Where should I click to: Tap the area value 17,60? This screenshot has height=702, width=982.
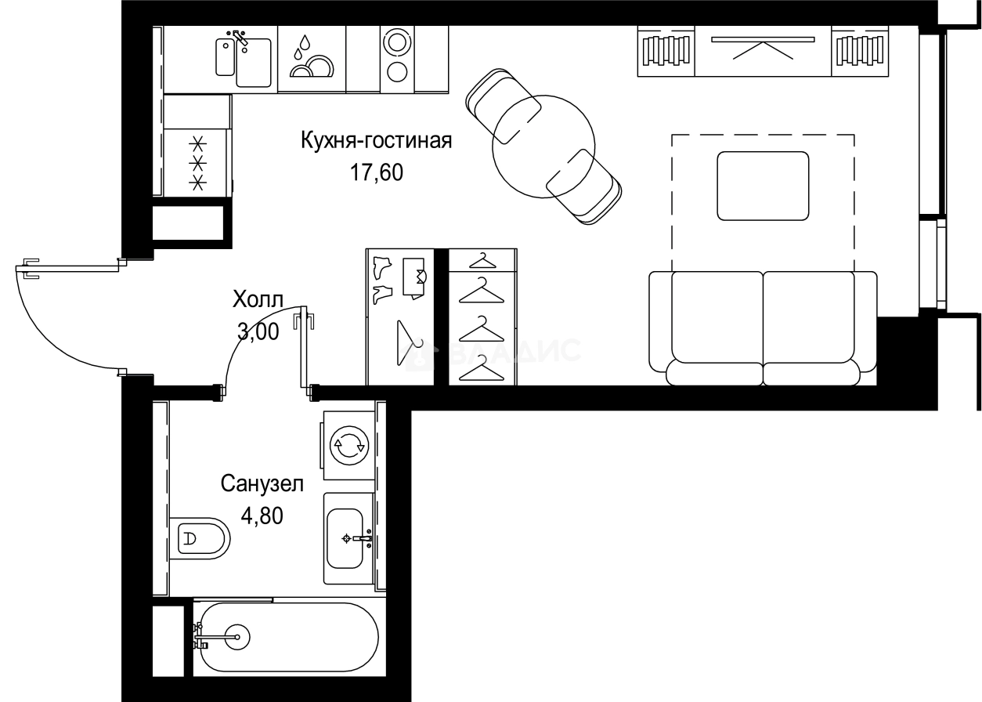[377, 172]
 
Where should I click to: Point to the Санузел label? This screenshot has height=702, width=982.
[261, 483]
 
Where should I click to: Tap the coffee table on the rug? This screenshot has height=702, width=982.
[763, 186]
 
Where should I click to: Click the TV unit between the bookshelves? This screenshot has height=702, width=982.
[763, 51]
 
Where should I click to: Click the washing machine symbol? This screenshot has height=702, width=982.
[348, 445]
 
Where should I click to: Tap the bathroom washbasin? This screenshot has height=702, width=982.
[345, 538]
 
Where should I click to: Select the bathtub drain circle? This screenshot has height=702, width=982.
[234, 635]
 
